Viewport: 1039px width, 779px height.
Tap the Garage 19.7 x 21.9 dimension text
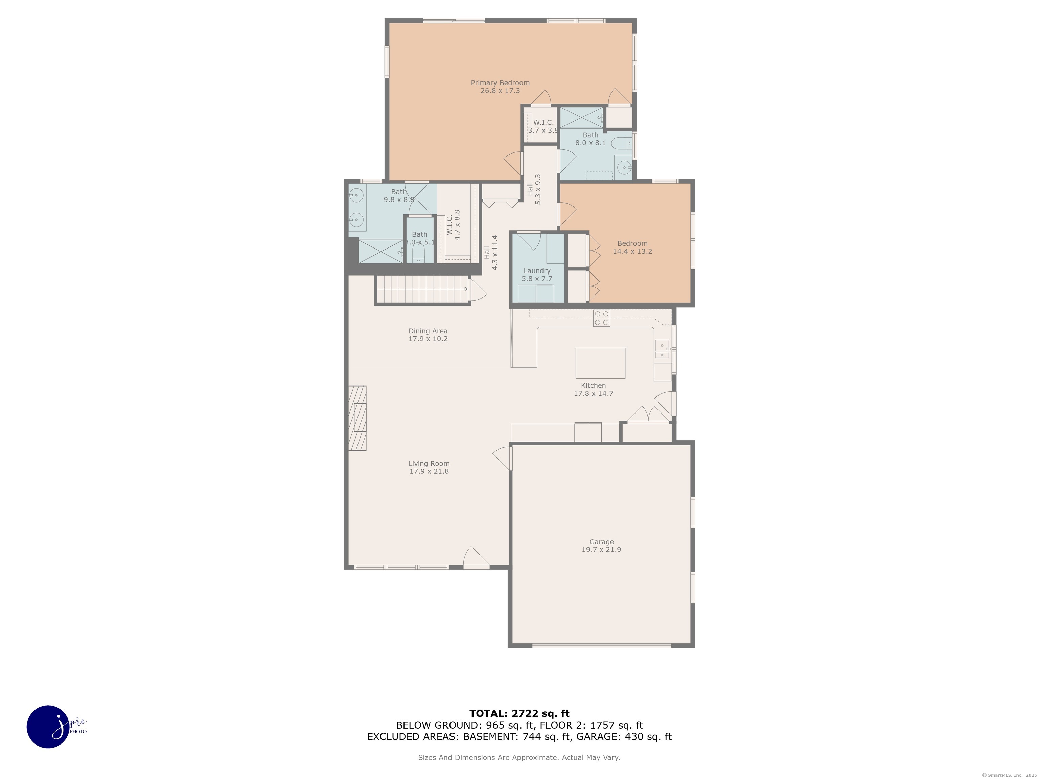(601, 550)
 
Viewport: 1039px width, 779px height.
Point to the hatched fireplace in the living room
(357, 418)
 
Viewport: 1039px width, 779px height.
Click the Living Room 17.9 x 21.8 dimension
(429, 471)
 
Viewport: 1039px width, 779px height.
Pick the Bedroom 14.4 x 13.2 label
(632, 247)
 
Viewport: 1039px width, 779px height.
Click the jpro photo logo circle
(48, 726)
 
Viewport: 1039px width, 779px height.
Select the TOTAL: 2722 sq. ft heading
(519, 714)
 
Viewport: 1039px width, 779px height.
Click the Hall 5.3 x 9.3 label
(534, 189)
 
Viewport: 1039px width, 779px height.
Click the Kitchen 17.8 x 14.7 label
(593, 389)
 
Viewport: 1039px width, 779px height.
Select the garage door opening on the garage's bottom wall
(601, 646)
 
